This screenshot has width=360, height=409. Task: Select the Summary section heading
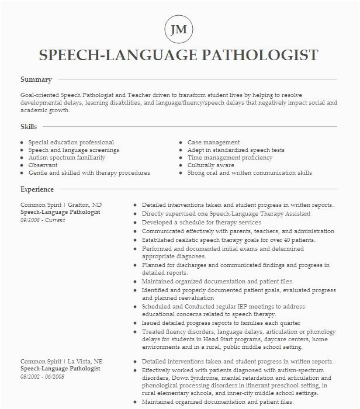tap(36, 79)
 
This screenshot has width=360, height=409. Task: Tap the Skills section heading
tap(29, 127)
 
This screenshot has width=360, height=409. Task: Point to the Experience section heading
tap(37, 189)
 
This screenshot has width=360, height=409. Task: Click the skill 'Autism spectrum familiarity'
tap(67, 158)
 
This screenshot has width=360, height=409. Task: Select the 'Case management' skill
tap(213, 143)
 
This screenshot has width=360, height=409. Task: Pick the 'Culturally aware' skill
tap(210, 165)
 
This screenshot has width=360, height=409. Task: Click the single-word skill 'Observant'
tap(43, 165)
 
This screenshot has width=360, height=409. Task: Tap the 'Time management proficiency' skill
tap(230, 158)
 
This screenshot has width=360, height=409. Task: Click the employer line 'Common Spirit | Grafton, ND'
tap(61, 205)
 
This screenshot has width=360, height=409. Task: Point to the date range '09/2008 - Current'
tap(43, 220)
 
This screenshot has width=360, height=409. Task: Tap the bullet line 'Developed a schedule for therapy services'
tap(202, 223)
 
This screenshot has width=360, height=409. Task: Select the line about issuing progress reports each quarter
tap(221, 323)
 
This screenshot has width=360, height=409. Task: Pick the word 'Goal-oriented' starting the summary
tap(39, 95)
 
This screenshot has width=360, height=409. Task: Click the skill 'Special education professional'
tap(71, 143)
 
